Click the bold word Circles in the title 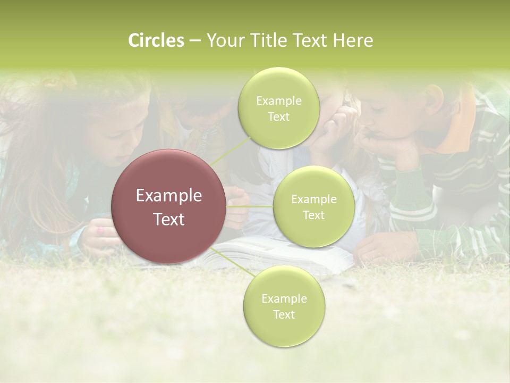(x=156, y=40)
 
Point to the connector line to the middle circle (x=250, y=206)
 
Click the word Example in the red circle (x=169, y=196)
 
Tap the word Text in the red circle (x=169, y=219)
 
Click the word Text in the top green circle (x=278, y=117)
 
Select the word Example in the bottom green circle (x=284, y=298)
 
